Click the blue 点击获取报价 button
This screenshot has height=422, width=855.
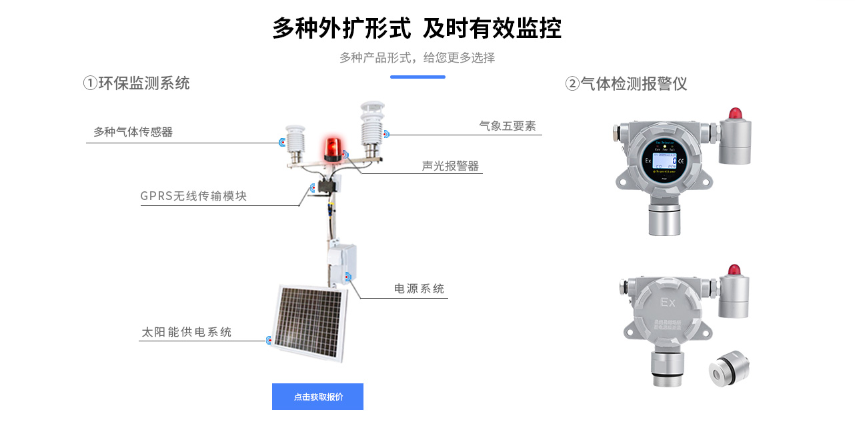click(x=317, y=397)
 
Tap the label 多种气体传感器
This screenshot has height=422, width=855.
click(x=133, y=132)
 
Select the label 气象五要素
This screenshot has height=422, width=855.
click(x=508, y=125)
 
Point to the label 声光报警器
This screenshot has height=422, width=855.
click(x=450, y=166)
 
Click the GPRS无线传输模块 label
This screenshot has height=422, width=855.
click(x=193, y=196)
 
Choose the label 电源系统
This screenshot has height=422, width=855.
click(x=419, y=289)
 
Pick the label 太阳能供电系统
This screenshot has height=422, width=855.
click(x=187, y=332)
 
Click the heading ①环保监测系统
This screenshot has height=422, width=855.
click(x=137, y=83)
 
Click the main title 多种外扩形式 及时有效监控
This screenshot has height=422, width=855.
click(x=417, y=29)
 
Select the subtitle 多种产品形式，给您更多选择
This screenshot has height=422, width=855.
click(x=417, y=57)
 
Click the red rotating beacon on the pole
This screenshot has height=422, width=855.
click(x=331, y=149)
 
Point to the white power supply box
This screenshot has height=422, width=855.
click(x=341, y=263)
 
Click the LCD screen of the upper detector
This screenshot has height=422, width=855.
click(x=663, y=160)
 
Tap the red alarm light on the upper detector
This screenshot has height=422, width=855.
click(x=735, y=113)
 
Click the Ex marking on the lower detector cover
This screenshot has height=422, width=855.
click(x=668, y=303)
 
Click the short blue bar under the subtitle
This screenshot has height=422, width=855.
click(x=417, y=77)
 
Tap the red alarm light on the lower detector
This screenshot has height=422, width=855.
click(x=734, y=269)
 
